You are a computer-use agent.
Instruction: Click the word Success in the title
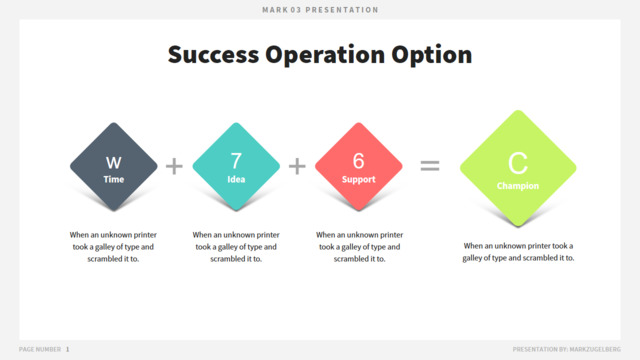click(213, 54)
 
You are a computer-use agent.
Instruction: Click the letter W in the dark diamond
click(113, 163)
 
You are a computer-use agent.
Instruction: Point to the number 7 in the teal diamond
click(236, 161)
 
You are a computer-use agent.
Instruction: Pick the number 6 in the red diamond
click(358, 161)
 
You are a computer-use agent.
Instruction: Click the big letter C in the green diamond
click(518, 163)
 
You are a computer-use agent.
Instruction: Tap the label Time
click(113, 179)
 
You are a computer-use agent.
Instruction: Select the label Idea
click(236, 179)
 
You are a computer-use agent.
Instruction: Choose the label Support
click(358, 180)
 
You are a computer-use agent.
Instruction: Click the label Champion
click(518, 186)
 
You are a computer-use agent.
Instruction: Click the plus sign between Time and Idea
click(174, 166)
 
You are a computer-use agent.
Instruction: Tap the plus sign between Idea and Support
click(297, 166)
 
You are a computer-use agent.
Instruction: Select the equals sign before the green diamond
click(430, 165)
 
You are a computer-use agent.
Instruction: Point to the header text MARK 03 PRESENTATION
click(320, 10)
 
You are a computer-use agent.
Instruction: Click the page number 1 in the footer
click(67, 349)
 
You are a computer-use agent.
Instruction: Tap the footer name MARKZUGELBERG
click(595, 349)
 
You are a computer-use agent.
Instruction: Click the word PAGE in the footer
click(26, 349)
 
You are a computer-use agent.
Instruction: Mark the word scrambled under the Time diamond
click(103, 259)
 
